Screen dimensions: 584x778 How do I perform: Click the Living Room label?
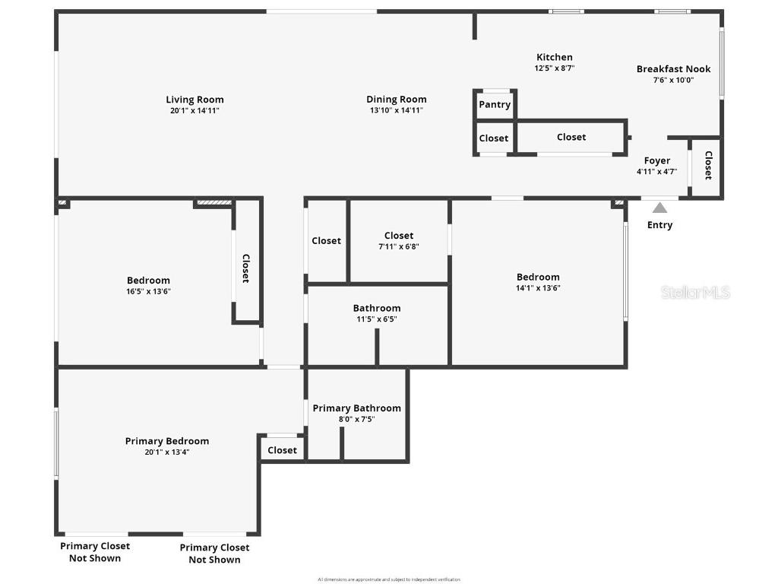194,100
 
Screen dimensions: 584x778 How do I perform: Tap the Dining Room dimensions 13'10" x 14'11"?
396,110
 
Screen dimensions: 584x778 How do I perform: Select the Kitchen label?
555,57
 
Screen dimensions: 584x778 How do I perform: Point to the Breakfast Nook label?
673,69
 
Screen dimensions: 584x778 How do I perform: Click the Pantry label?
495,105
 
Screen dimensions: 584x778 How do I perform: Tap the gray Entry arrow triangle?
659,208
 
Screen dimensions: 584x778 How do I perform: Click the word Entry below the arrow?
659,225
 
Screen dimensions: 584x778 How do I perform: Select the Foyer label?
657,160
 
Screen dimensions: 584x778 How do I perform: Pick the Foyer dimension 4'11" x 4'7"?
657,172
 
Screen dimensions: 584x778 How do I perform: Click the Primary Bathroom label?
356,408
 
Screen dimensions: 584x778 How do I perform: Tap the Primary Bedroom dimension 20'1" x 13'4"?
167,452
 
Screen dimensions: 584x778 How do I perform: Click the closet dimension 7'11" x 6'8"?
399,246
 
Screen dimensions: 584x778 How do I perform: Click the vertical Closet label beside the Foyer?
708,165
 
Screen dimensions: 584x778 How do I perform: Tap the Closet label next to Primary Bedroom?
282,450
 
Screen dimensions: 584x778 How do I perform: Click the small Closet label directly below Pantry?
494,138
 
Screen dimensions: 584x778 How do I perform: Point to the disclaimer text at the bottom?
389,579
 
